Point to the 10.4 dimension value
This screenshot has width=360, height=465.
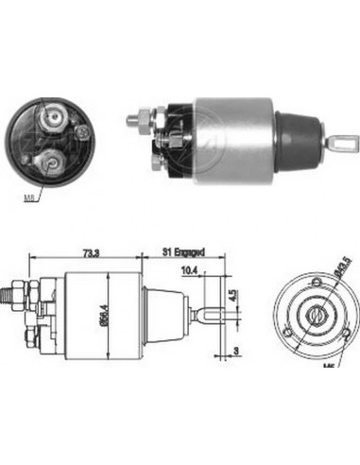[x=189, y=272]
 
